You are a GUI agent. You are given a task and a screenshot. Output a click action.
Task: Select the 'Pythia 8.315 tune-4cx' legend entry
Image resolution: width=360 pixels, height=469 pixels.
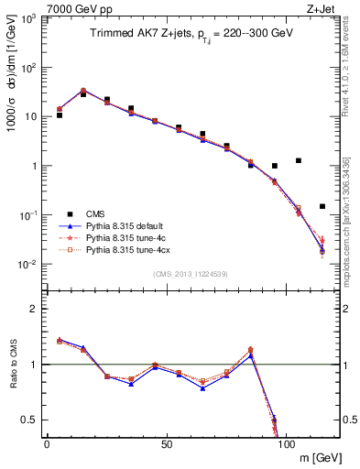click(125, 248)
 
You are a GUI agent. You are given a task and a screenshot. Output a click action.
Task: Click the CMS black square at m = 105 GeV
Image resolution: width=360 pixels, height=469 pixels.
click(299, 160)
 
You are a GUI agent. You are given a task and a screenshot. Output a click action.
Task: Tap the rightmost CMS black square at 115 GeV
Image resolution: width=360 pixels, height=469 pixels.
click(322, 206)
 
